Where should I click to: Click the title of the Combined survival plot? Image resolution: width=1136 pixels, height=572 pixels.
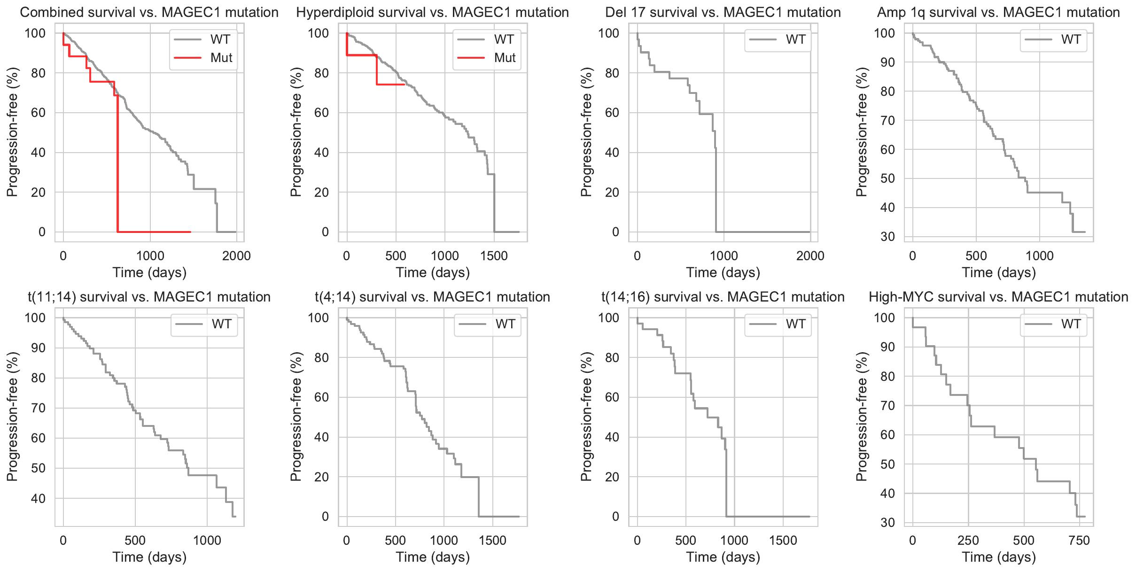pos(149,12)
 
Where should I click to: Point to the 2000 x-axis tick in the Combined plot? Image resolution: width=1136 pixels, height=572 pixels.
pos(236,256)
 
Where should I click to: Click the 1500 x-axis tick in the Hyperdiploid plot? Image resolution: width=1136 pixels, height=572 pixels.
pos(494,256)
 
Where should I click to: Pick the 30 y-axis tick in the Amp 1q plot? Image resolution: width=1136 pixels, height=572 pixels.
pos(887,237)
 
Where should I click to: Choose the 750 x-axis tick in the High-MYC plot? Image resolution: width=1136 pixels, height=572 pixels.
pos(1079,541)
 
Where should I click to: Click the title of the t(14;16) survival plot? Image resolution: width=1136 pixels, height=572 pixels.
pos(723,297)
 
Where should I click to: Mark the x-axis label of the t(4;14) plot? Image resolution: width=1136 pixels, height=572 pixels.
pos(433,557)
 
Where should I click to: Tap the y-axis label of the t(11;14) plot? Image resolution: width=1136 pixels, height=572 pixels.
pos(12,417)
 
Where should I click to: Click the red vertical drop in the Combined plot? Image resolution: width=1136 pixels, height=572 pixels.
pos(117,164)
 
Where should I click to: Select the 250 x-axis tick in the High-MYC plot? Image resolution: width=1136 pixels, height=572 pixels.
pos(968,541)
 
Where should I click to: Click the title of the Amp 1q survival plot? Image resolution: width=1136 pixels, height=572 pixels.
pos(998,12)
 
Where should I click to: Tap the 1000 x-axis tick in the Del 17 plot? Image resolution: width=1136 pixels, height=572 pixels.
pos(724,256)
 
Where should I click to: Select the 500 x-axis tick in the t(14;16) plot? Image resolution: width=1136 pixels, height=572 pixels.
pos(685,541)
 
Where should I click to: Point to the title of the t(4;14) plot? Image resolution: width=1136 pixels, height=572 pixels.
pos(432,297)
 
